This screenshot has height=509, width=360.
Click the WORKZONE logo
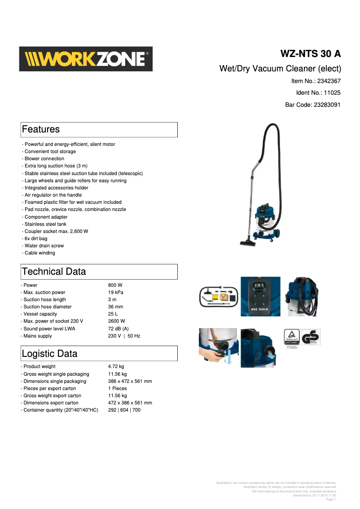pyautogui.click(x=86, y=59)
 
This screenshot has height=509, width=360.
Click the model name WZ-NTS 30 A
pyautogui.click(x=310, y=54)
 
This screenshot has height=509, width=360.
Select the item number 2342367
pyautogui.click(x=329, y=81)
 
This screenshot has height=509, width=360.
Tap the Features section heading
pyautogui.click(x=41, y=129)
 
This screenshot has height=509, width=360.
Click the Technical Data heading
pyautogui.click(x=54, y=272)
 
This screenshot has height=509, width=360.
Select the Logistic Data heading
pyautogui.click(x=49, y=354)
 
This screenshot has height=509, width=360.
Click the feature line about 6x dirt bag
pyautogui.click(x=36, y=238)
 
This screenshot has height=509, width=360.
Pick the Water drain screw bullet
pyautogui.click(x=44, y=246)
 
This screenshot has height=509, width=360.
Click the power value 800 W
pyautogui.click(x=115, y=285)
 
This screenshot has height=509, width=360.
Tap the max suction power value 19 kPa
pyautogui.click(x=116, y=292)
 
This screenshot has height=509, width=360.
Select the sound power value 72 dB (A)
pyautogui.click(x=119, y=329)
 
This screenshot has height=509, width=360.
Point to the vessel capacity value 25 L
pyautogui.click(x=113, y=314)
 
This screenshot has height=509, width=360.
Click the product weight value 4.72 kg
pyautogui.click(x=116, y=366)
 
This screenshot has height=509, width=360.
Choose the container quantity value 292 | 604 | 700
pyautogui.click(x=124, y=410)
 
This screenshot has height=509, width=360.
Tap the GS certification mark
pyautogui.click(x=310, y=338)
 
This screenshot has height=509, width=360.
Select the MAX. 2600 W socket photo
pyautogui.click(x=260, y=296)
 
